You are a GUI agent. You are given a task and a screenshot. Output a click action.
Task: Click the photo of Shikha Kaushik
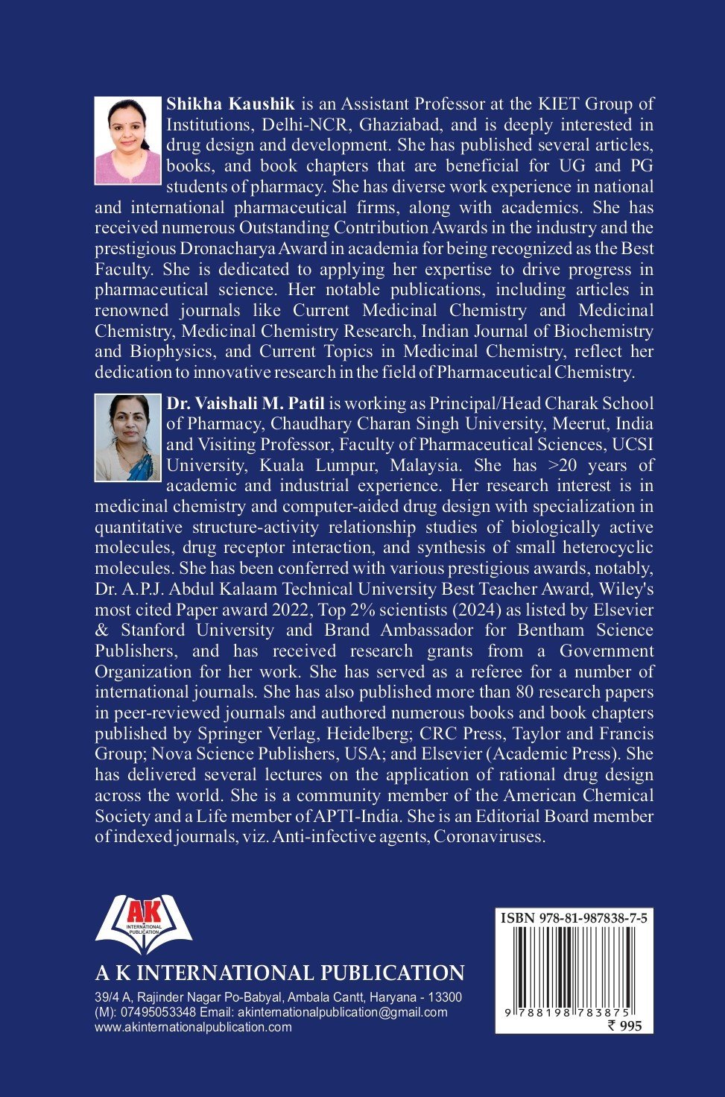click(x=127, y=140)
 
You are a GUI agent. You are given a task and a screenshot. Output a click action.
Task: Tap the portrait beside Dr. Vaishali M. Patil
click(x=127, y=438)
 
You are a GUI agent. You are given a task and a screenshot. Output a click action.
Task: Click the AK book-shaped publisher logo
click(x=144, y=924)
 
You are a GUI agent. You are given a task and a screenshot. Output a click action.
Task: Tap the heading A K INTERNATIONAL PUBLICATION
click(x=279, y=973)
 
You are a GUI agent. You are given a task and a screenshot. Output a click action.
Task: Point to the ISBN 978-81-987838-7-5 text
click(x=574, y=918)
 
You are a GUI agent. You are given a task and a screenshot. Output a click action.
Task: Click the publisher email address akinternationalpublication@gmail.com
click(x=342, y=1012)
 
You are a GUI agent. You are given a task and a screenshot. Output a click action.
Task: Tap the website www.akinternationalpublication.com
click(x=194, y=1027)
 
